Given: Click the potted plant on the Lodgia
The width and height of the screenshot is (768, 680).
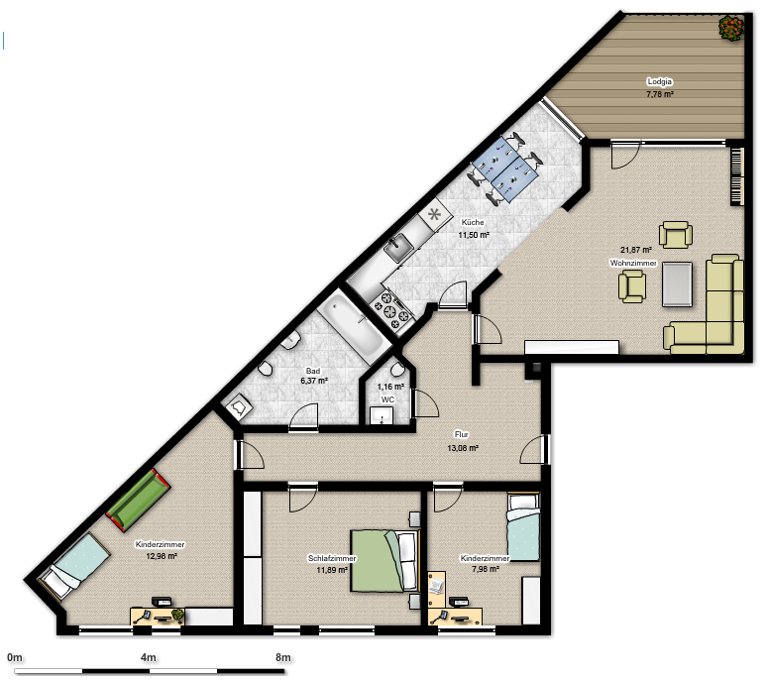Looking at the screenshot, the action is click(x=731, y=28).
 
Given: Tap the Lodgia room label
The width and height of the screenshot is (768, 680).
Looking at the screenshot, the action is click(x=659, y=82).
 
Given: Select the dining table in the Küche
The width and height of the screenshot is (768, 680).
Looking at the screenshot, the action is click(x=505, y=170).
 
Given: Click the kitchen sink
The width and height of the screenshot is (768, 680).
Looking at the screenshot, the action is click(x=398, y=247).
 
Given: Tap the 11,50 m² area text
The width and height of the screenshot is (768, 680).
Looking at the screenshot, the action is click(x=474, y=235).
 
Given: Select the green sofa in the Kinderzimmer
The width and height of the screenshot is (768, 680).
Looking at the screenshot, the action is click(x=139, y=500).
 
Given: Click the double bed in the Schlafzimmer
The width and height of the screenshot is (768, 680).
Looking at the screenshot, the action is click(x=384, y=561).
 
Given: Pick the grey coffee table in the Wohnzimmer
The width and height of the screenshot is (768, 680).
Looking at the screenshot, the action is click(x=678, y=284).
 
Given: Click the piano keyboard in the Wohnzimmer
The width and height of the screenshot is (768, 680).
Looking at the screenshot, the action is click(x=737, y=176).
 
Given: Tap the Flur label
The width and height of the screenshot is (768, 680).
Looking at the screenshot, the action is click(x=462, y=434).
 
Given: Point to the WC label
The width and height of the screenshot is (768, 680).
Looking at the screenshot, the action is click(x=387, y=399).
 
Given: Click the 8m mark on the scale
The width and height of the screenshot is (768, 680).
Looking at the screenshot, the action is click(x=283, y=658).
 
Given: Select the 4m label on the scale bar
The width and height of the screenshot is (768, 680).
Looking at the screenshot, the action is click(x=149, y=658).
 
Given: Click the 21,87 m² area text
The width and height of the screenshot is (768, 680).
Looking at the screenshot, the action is click(x=636, y=250).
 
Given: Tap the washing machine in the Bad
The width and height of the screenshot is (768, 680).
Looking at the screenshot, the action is click(x=237, y=407).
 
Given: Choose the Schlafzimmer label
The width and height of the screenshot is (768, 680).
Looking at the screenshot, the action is click(x=332, y=558).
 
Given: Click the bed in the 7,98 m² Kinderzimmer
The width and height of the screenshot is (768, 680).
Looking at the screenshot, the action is click(x=523, y=527).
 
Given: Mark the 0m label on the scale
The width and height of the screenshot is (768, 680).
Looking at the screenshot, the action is click(x=15, y=658).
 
